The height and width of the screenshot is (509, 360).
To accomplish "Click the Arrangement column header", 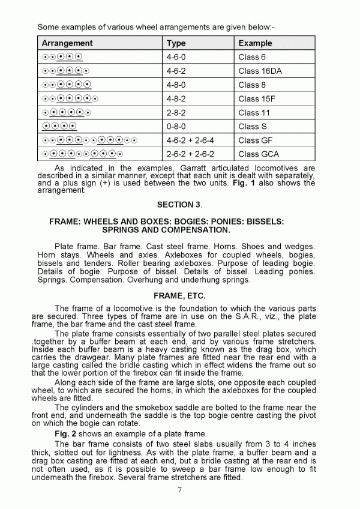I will [67, 43].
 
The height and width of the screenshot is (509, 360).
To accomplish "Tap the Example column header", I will [255, 43].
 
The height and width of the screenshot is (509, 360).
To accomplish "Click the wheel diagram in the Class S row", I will [59, 126].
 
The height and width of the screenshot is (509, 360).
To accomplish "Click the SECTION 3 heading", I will [179, 205].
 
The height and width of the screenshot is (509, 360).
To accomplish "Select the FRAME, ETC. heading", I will [179, 296].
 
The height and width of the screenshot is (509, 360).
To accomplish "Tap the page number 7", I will [179, 489].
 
